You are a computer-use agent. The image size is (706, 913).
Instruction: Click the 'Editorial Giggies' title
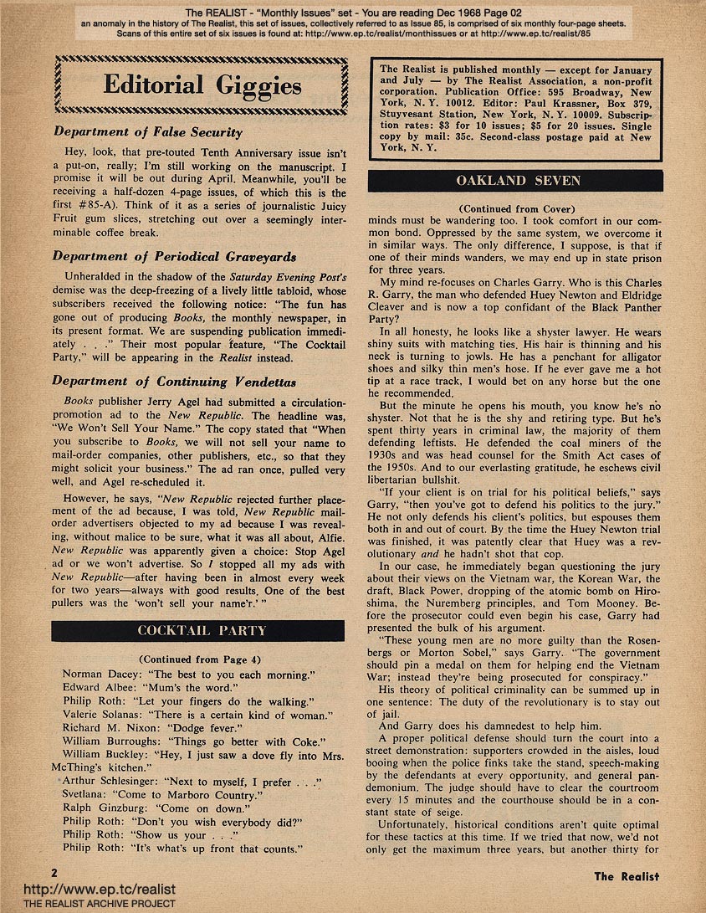pyautogui.click(x=202, y=85)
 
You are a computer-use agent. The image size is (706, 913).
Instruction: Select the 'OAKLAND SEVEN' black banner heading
pyautogui.click(x=514, y=182)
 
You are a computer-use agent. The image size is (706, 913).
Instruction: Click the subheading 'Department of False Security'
pyautogui.click(x=148, y=132)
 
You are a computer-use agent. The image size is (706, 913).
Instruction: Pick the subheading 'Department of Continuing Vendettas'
pyautogui.click(x=174, y=381)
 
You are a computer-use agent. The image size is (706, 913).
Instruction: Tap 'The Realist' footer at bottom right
pyautogui.click(x=627, y=876)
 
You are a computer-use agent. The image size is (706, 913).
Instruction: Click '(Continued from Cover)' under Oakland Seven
pyautogui.click(x=514, y=208)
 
